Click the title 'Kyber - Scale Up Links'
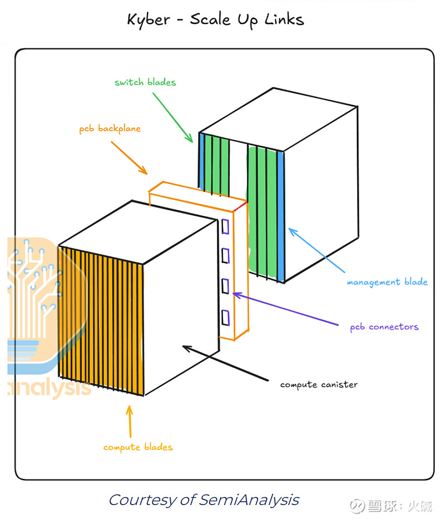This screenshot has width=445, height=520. point(215,19)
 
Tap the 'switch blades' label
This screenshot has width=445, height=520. point(145,82)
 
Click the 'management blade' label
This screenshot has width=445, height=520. point(387,282)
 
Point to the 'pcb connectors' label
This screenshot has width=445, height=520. point(384,326)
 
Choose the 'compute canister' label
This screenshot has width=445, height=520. point(319,384)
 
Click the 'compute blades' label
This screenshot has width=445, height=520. point(138,447)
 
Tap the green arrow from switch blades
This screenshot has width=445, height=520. point(172,116)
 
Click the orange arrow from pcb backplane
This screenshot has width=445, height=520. point(129,157)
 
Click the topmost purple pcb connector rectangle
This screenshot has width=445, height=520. point(225,226)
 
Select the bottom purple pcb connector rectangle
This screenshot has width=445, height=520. point(225,318)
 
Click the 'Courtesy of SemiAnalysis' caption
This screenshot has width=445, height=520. point(204,499)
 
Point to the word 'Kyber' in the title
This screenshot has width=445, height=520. point(147,20)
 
